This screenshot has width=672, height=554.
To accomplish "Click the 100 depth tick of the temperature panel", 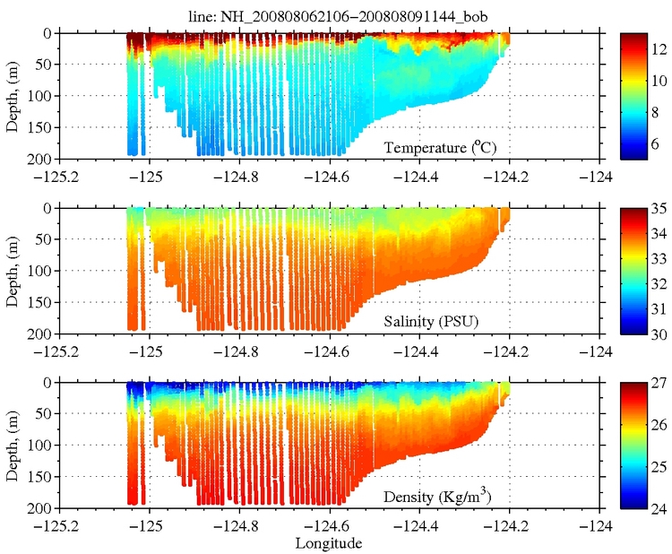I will [39, 96].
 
